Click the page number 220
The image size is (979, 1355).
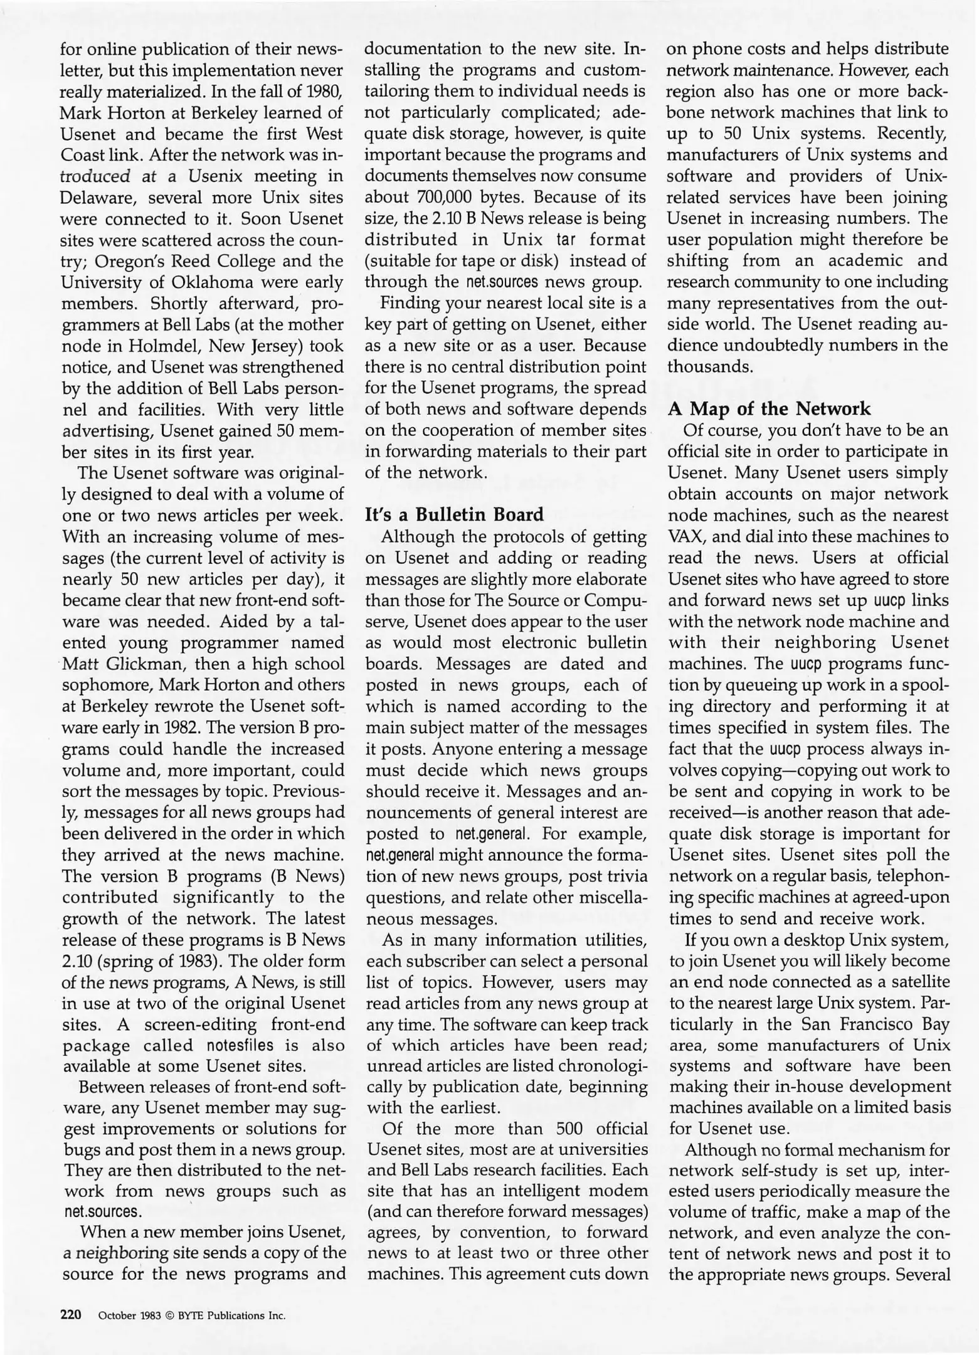click(71, 1315)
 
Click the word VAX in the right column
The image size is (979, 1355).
click(683, 537)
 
